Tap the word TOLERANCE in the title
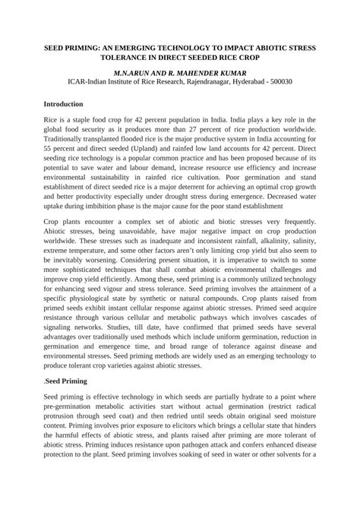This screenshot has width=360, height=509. (118, 58)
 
